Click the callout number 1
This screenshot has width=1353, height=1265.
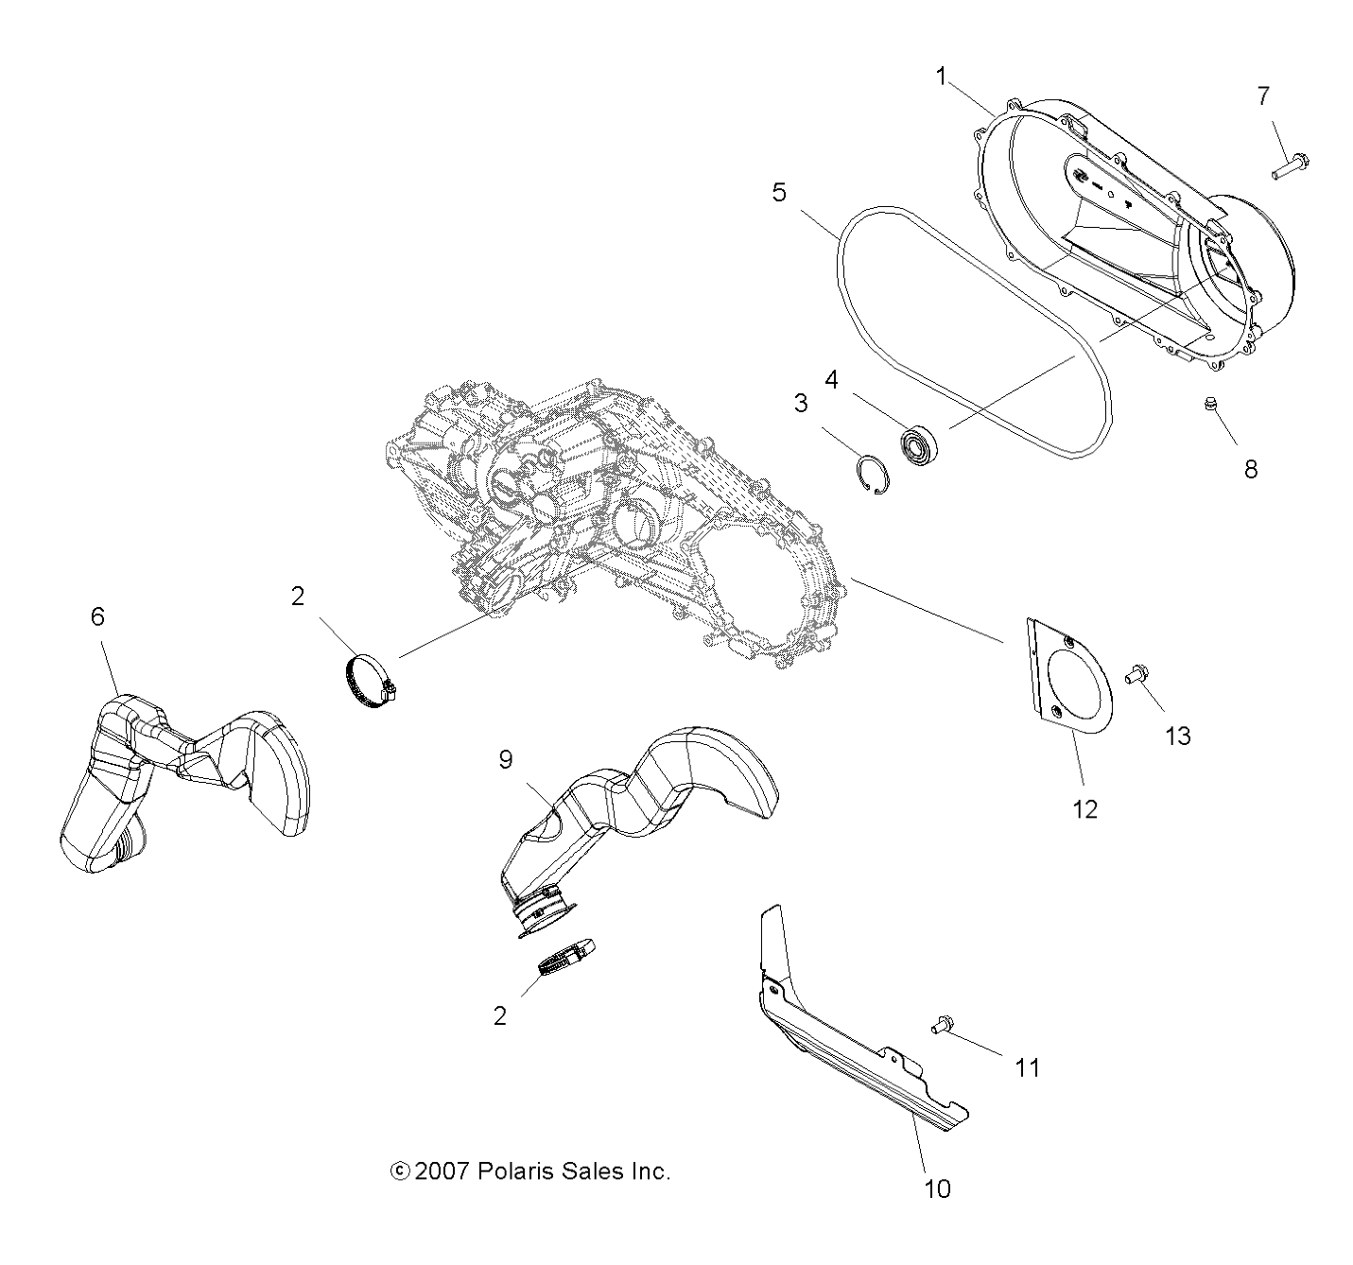tap(941, 77)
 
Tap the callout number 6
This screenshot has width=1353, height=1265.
tap(97, 616)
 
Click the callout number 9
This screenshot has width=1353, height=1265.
tap(506, 760)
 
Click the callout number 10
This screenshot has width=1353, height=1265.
tap(937, 1188)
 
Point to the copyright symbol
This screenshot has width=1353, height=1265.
tap(400, 1171)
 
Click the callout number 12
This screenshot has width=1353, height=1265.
tap(1084, 808)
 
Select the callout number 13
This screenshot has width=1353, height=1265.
tap(1177, 735)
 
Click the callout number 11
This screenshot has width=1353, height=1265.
tap(1027, 1067)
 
